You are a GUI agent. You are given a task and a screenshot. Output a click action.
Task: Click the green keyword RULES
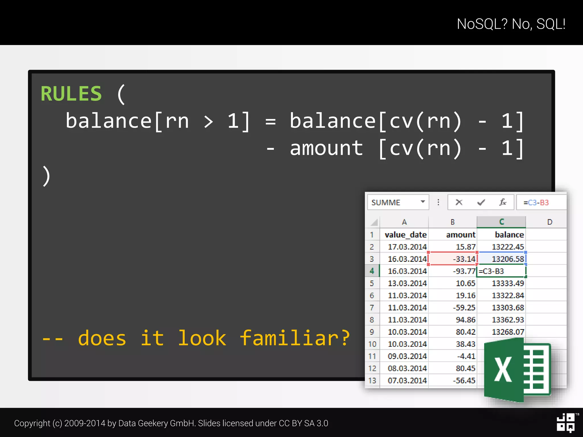pos(71,94)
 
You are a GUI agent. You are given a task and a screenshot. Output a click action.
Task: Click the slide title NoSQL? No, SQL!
pos(511,24)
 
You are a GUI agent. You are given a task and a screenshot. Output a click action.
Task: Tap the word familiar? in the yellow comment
pos(295,338)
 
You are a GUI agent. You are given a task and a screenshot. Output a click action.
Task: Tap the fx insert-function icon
pos(503,202)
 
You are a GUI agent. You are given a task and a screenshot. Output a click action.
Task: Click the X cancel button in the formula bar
pos(459,202)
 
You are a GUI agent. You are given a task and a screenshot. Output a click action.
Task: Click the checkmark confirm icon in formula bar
pos(481,202)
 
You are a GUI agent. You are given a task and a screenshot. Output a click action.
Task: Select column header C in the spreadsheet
pos(501,222)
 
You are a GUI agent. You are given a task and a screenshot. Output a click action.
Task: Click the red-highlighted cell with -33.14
pos(453,259)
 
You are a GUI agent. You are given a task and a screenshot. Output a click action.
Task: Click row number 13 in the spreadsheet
pos(372,380)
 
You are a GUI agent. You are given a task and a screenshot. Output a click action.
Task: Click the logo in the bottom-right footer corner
pos(566,423)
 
